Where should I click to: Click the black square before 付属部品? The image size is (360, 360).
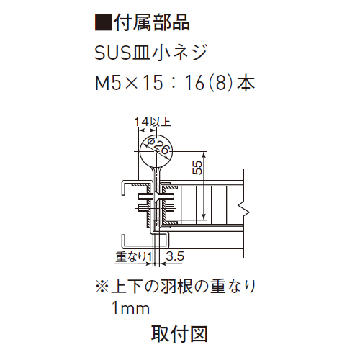pyautogui.click(x=103, y=23)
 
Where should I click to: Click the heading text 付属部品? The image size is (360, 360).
pyautogui.click(x=151, y=23)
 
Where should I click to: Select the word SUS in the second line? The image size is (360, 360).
pyautogui.click(x=112, y=53)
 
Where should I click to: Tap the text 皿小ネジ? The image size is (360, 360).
pyautogui.click(x=168, y=53)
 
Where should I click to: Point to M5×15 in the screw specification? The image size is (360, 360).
pyautogui.click(x=129, y=83)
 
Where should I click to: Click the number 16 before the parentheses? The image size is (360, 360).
pyautogui.click(x=194, y=83)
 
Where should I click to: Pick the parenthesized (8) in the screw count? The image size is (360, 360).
pyautogui.click(x=221, y=83)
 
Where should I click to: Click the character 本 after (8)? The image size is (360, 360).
pyautogui.click(x=246, y=83)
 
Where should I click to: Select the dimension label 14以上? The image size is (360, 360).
pyautogui.click(x=153, y=122)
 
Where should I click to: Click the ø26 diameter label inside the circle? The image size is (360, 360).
pyautogui.click(x=157, y=147)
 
